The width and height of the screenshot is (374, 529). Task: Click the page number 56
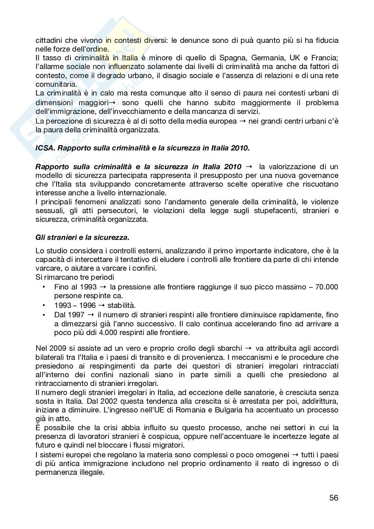tap(333, 498)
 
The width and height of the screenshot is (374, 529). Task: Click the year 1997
tap(76, 315)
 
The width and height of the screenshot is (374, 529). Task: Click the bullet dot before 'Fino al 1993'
tap(44, 287)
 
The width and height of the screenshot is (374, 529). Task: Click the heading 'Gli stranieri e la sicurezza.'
tap(82, 238)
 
